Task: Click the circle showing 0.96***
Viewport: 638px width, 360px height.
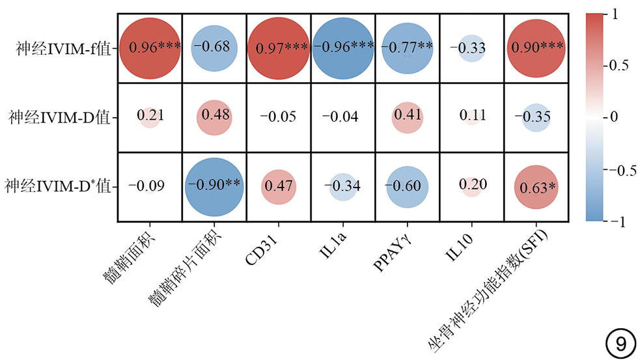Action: coord(150,48)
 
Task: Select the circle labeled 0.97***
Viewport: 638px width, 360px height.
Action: coord(279,48)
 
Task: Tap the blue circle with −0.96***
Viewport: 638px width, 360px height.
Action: coord(343,48)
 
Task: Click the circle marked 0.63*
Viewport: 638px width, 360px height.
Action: coord(536,187)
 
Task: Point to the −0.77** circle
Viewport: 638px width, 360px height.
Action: coord(407,48)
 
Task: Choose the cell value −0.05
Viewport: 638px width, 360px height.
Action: coord(279,117)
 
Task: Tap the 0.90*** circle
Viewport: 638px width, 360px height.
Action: coord(536,48)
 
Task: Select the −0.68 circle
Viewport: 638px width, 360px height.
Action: coord(214,48)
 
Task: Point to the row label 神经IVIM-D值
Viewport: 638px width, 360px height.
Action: coord(58,118)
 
